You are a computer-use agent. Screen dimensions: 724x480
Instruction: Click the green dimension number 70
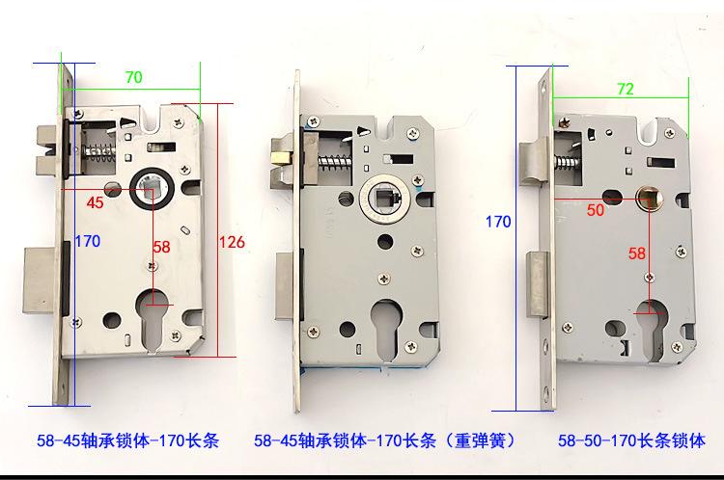pyautogui.click(x=134, y=77)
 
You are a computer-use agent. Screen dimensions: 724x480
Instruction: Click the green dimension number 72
pyautogui.click(x=626, y=89)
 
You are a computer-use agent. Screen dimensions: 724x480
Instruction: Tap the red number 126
pyautogui.click(x=232, y=242)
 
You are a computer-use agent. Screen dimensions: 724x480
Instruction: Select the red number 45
pyautogui.click(x=96, y=202)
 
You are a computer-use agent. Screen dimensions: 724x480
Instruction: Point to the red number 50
pyautogui.click(x=596, y=210)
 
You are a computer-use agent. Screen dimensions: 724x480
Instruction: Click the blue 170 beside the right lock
pyautogui.click(x=498, y=222)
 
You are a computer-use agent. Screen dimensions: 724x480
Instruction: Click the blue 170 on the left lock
pyautogui.click(x=88, y=241)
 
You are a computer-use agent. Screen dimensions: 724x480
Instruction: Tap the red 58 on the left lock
pyautogui.click(x=161, y=247)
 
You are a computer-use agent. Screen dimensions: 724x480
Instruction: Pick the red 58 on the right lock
pyautogui.click(x=637, y=253)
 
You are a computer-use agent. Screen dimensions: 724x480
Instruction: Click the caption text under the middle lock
pyautogui.click(x=384, y=440)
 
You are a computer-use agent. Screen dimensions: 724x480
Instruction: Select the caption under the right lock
pyautogui.click(x=631, y=440)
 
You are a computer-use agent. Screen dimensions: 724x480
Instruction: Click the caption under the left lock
pyautogui.click(x=127, y=440)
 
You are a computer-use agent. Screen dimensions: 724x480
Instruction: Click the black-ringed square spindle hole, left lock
pyautogui.click(x=152, y=190)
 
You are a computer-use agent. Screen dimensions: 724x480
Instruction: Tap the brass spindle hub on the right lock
pyautogui.click(x=650, y=198)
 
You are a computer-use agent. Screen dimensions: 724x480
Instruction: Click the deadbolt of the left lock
pyautogui.click(x=42, y=281)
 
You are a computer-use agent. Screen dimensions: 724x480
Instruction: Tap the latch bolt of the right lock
pyautogui.click(x=534, y=164)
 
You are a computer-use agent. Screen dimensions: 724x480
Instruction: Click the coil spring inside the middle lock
pyautogui.click(x=335, y=162)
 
